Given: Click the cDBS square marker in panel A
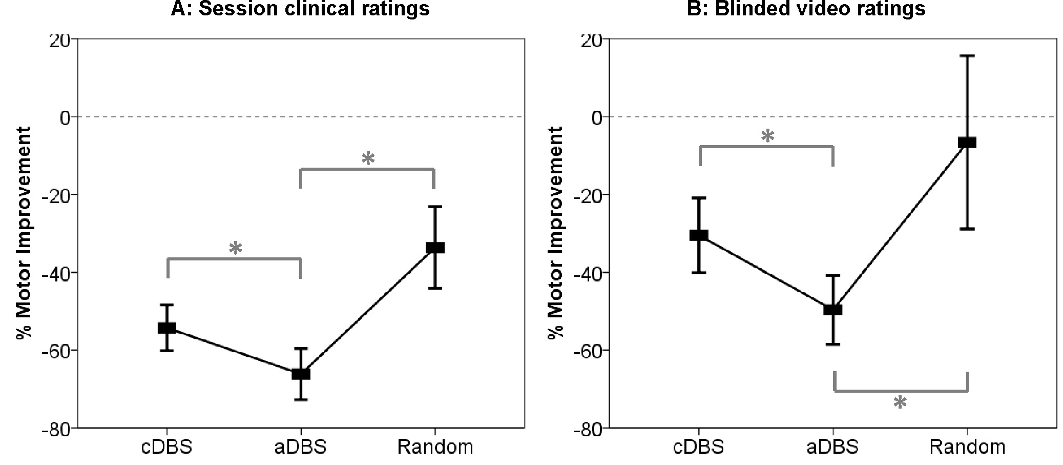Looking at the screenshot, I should [x=167, y=328].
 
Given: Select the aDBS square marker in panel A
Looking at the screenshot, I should [x=301, y=374].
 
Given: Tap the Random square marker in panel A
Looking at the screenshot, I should [x=435, y=248].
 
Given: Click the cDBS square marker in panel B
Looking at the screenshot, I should [x=699, y=235].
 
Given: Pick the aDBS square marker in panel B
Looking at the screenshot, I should [x=833, y=309].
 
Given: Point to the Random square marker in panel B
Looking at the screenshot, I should [x=967, y=143].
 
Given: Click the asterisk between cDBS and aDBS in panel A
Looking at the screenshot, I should [x=235, y=249].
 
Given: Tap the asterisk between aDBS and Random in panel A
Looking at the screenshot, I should [x=368, y=159].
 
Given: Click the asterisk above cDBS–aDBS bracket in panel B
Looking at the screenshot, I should [x=767, y=137].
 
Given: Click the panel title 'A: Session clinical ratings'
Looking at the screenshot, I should [x=300, y=9].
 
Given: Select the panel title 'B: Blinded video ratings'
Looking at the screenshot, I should [x=806, y=9].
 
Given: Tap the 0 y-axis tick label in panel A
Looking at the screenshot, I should [x=65, y=117].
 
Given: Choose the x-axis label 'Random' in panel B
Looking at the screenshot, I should [x=967, y=447].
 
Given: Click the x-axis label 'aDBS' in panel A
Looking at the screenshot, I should [x=301, y=447].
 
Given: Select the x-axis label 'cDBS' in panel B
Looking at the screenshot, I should [x=699, y=447].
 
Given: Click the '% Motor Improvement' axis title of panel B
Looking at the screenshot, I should [x=555, y=233].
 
